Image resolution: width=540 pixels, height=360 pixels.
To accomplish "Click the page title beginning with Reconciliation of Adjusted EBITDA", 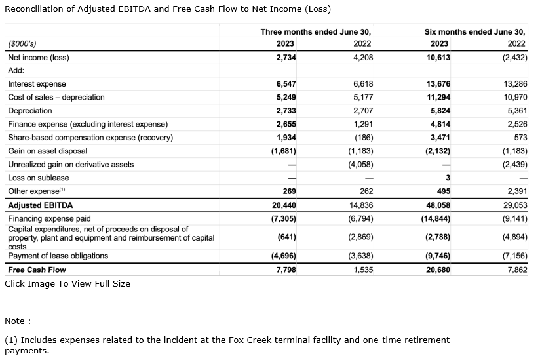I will coord(168,9).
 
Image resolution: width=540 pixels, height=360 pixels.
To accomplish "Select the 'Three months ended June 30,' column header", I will coord(315,31).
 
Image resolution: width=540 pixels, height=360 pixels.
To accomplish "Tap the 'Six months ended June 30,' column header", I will coord(474,31).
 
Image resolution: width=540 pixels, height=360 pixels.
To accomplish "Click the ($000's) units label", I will coord(22,44).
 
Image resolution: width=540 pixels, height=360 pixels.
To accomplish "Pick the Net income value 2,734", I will coord(286,58).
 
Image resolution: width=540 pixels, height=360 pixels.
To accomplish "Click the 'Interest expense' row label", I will coord(37,84).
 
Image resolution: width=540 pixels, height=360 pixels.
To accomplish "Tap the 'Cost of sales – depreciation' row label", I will coord(56,98).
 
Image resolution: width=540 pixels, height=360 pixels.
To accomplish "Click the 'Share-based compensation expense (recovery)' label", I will coord(90,138).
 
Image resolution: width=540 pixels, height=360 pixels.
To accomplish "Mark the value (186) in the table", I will coord(362,138).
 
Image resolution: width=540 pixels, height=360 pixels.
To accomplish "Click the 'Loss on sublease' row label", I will coord(38,178).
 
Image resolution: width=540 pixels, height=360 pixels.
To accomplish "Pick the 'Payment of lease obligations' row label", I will coord(58,256).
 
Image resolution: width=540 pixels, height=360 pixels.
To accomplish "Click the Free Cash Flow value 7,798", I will coord(286,270).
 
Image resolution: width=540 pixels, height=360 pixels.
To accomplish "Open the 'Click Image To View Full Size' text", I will coord(67,284).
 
